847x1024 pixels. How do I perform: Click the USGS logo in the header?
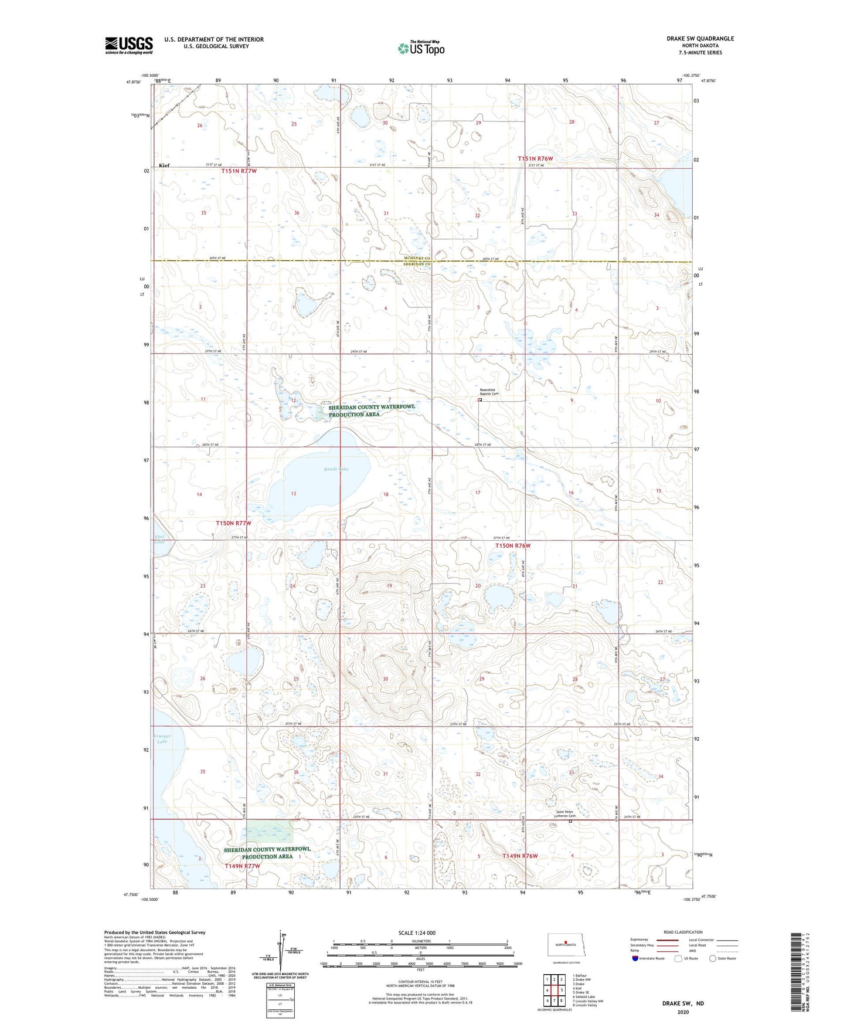click(x=129, y=45)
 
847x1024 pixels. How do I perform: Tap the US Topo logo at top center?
click(x=420, y=48)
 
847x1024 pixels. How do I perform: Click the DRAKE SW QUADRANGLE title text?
click(x=700, y=39)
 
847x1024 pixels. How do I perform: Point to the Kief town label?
click(x=164, y=166)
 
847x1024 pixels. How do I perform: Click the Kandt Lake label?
click(x=336, y=469)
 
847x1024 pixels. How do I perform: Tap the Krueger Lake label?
click(x=162, y=738)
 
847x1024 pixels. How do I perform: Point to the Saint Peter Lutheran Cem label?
click(x=566, y=814)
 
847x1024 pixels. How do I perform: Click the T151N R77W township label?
click(x=239, y=171)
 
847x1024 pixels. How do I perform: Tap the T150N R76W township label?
click(x=512, y=545)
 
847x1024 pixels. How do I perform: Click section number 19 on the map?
click(x=389, y=586)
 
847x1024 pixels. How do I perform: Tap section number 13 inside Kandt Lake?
click(x=294, y=493)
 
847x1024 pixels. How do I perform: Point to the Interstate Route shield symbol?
click(x=635, y=958)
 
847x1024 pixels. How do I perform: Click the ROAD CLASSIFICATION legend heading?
click(x=683, y=932)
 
